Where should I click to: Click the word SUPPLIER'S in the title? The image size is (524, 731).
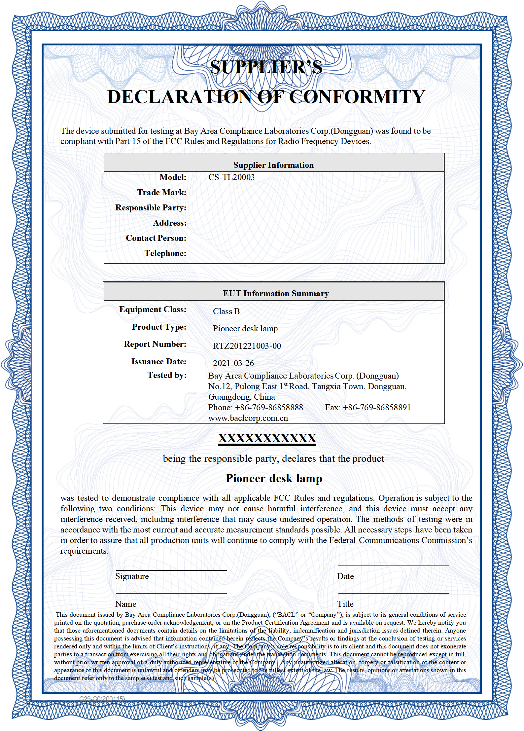[x=266, y=67]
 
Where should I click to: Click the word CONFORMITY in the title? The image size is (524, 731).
[x=357, y=97]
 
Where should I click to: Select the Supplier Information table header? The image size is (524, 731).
[x=273, y=165]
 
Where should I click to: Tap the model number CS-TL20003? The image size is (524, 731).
[x=231, y=177]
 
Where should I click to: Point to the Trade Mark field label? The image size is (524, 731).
[x=162, y=193]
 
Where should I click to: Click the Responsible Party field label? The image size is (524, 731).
[x=151, y=208]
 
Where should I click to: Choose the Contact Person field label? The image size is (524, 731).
[x=156, y=238]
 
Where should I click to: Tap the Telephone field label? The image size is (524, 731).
[x=165, y=253]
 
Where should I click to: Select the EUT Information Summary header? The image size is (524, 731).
[x=276, y=294]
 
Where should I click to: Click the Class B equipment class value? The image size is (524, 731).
[x=226, y=311]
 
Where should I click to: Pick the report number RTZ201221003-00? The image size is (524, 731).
[x=247, y=346]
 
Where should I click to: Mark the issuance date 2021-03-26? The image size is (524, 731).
[x=233, y=363]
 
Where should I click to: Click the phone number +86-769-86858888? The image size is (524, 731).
[x=269, y=408]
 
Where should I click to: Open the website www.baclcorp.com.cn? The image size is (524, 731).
[x=248, y=419]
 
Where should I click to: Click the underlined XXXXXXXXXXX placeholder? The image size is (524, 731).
[x=267, y=439]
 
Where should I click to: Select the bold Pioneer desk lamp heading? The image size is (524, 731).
[x=274, y=479]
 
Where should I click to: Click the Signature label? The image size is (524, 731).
[x=132, y=576]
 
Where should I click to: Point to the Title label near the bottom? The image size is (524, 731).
[x=345, y=604]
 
